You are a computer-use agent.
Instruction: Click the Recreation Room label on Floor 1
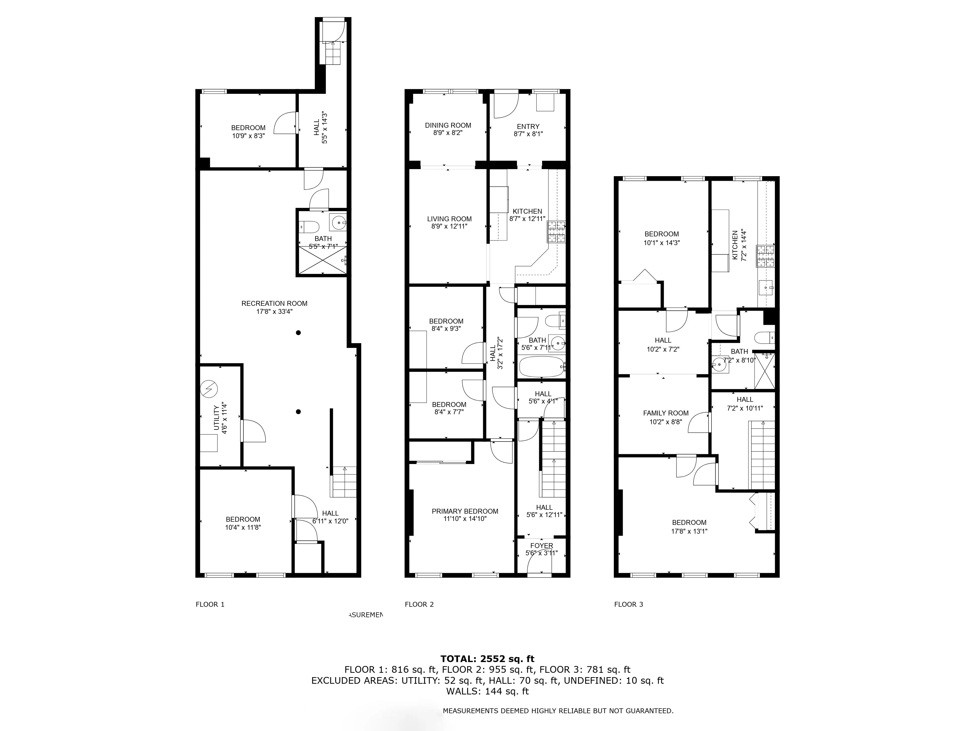(274, 303)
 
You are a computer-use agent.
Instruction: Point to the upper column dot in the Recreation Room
(298, 333)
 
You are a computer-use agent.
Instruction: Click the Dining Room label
(448, 125)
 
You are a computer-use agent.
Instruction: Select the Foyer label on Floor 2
(542, 546)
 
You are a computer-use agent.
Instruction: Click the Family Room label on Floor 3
(666, 413)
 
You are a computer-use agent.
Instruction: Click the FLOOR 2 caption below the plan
(419, 604)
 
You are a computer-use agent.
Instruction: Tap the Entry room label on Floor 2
(528, 126)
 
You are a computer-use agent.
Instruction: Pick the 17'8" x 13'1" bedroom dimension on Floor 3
(689, 531)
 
